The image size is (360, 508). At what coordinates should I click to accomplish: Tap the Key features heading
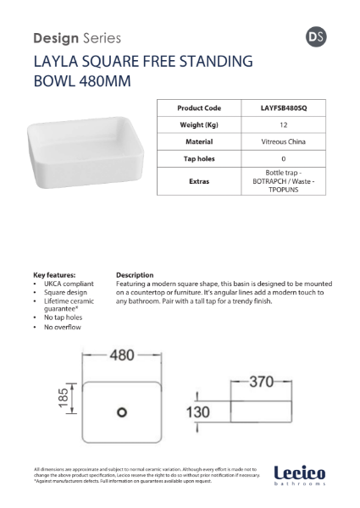coord(54,274)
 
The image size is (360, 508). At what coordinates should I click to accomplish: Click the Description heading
coord(135,274)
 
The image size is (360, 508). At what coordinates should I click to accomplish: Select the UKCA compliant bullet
coord(67,284)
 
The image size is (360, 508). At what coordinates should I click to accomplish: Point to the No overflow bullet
coord(63,327)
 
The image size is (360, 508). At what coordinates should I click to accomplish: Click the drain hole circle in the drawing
coord(120,411)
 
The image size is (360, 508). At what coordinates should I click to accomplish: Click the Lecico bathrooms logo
coord(298,477)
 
